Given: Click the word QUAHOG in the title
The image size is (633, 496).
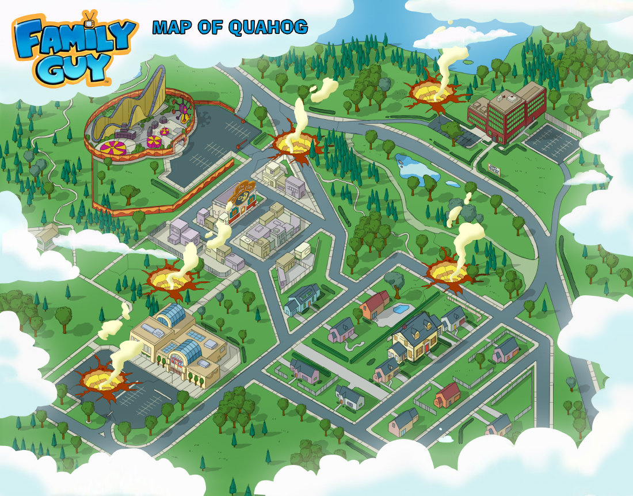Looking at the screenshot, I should point(268,27).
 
